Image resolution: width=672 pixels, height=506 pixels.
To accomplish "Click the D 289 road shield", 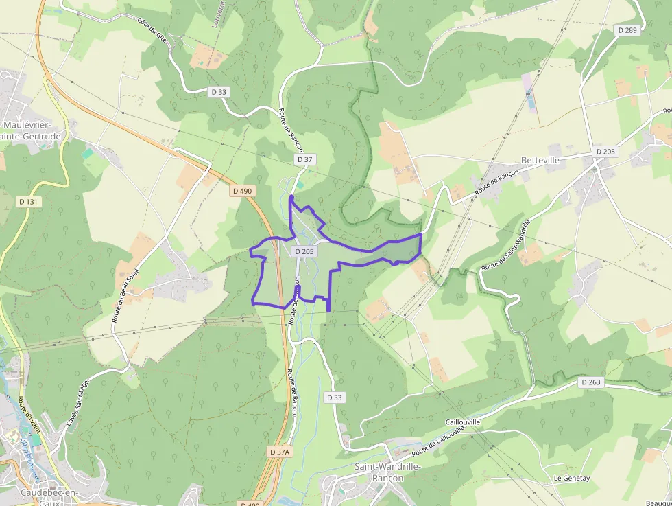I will point(627,30).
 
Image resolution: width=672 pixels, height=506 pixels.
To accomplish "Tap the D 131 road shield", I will point(28,202).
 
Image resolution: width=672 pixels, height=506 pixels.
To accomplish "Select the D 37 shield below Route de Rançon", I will point(305,159).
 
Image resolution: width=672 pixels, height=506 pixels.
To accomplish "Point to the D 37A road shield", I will point(280,452).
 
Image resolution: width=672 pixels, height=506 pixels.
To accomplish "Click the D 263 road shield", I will point(590,382).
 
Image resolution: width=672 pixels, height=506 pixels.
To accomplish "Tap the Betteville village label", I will point(540,160).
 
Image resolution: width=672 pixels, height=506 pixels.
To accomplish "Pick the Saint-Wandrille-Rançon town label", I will point(388,472).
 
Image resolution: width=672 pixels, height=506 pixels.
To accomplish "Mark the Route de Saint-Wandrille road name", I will point(507,245).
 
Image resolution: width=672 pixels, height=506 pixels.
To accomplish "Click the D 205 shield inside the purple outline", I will point(304,251).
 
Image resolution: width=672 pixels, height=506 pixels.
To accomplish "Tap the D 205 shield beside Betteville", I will point(606,151).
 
